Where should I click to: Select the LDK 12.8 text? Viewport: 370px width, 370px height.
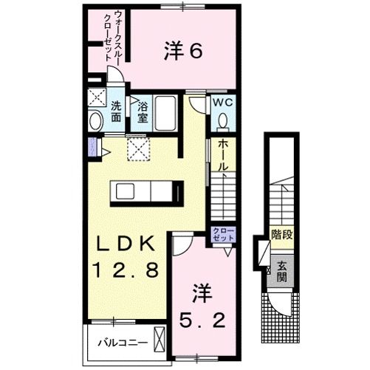[125, 257]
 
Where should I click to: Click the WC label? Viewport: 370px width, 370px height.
[222, 104]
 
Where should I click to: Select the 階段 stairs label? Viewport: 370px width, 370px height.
[279, 238]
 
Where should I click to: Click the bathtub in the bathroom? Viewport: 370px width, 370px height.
[166, 114]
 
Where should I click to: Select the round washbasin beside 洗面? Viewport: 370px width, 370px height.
[95, 120]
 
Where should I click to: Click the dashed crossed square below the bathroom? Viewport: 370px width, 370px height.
[138, 149]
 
